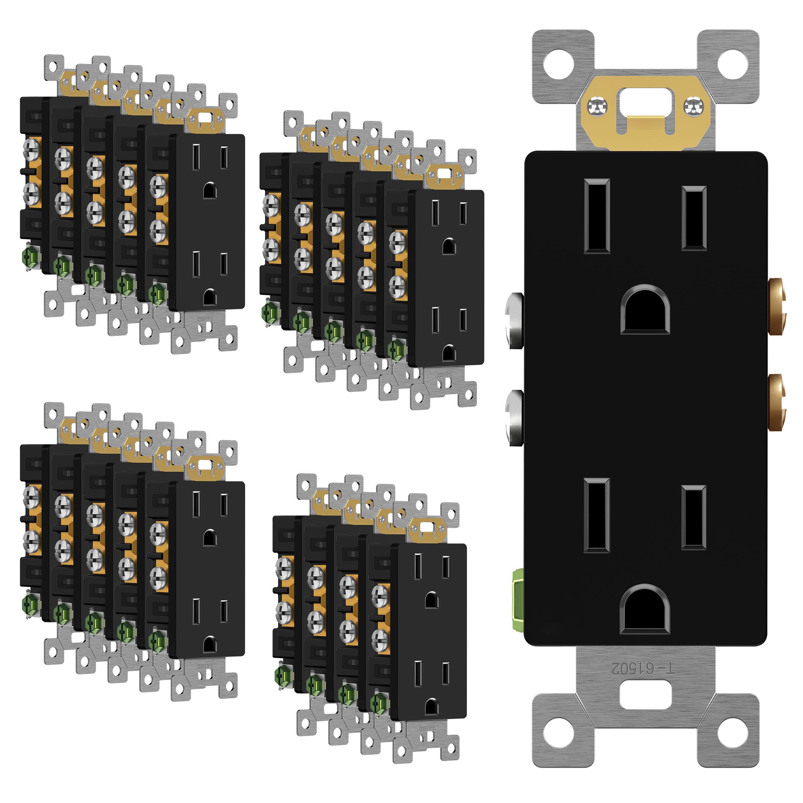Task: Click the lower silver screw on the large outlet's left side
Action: click(x=515, y=417)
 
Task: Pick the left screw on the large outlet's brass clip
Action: click(x=598, y=107)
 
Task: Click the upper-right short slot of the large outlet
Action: click(x=694, y=218)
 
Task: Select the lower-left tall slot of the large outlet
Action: click(x=597, y=515)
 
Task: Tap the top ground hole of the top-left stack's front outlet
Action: click(x=210, y=190)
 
